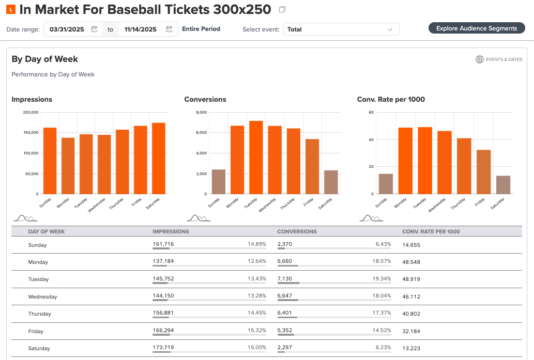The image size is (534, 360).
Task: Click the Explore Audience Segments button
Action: point(477,28)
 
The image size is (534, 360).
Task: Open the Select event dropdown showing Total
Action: point(341,29)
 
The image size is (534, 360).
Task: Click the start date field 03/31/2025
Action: point(73,29)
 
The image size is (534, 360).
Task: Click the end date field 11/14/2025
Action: point(148,29)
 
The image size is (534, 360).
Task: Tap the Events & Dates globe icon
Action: point(480,59)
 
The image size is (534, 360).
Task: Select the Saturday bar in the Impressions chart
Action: point(159,158)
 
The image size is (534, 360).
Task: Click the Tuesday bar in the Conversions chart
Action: point(256,158)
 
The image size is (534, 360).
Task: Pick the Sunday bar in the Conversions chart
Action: point(219,182)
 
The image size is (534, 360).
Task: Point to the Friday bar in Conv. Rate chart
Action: point(483,172)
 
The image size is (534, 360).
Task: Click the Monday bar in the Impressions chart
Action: point(68,166)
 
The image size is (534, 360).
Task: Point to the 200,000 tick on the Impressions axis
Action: point(31,112)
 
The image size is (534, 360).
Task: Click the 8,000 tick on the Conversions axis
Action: point(202,112)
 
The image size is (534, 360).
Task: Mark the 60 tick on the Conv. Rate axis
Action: point(371,112)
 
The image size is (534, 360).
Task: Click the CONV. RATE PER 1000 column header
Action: point(431,232)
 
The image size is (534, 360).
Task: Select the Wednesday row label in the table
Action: point(42,297)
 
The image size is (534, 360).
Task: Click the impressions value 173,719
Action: point(163,347)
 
